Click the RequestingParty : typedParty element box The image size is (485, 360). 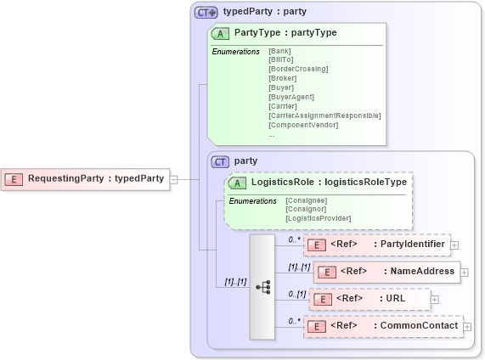(x=85, y=179)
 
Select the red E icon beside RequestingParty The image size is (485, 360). (x=14, y=179)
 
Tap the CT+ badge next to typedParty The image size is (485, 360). (x=206, y=12)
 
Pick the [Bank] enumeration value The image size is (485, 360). (x=279, y=51)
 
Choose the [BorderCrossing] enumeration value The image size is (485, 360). (x=298, y=68)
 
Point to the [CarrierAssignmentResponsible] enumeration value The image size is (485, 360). (x=324, y=115)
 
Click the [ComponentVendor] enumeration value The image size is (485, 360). (x=303, y=125)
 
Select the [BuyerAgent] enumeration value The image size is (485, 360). (x=291, y=97)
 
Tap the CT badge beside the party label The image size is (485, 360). (x=220, y=160)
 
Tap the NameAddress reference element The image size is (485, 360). (x=386, y=272)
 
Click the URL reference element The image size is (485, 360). (x=369, y=299)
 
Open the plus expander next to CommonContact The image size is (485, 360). (x=467, y=326)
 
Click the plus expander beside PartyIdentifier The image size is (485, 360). (x=454, y=245)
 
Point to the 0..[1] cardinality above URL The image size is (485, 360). (x=296, y=294)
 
